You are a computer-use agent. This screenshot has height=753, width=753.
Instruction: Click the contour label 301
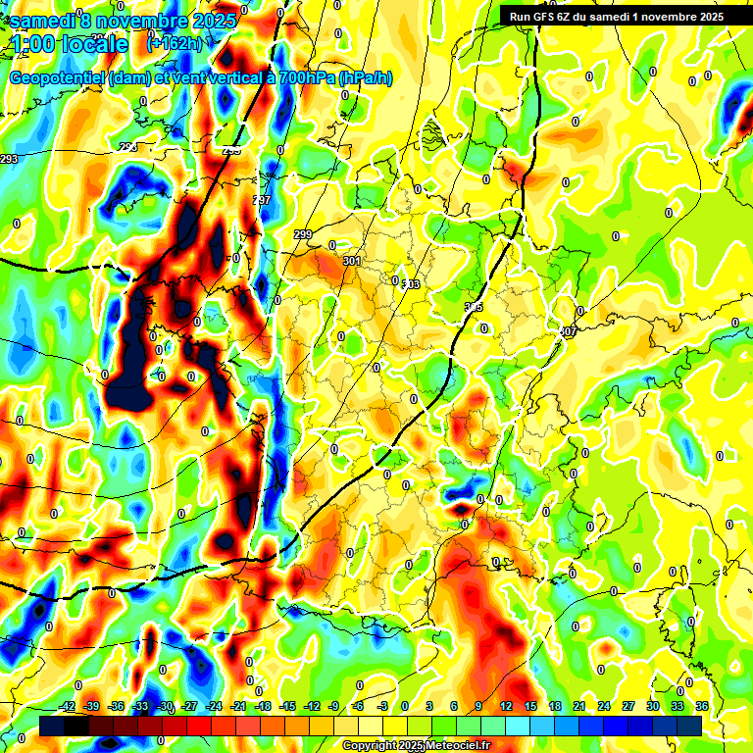click(x=351, y=261)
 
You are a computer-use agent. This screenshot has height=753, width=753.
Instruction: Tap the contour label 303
click(x=411, y=284)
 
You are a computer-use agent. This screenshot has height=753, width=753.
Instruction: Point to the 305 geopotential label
click(x=474, y=308)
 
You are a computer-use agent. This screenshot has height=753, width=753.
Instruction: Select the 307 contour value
click(x=568, y=331)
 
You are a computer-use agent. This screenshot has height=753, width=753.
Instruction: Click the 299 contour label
click(x=303, y=234)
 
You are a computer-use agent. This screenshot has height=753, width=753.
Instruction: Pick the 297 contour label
click(x=261, y=200)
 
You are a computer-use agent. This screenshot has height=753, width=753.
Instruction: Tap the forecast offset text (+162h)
click(x=175, y=43)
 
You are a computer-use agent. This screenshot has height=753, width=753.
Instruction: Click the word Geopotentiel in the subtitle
click(x=59, y=77)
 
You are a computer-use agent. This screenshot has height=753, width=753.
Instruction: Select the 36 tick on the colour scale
click(x=702, y=707)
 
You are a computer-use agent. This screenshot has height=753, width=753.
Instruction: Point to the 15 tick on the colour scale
click(x=530, y=707)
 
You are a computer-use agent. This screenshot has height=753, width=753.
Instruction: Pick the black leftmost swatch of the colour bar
click(x=53, y=726)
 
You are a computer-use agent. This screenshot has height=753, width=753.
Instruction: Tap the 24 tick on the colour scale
click(x=604, y=707)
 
